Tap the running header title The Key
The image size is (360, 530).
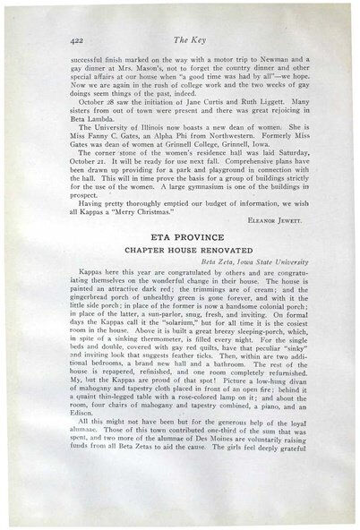coord(184,39)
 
